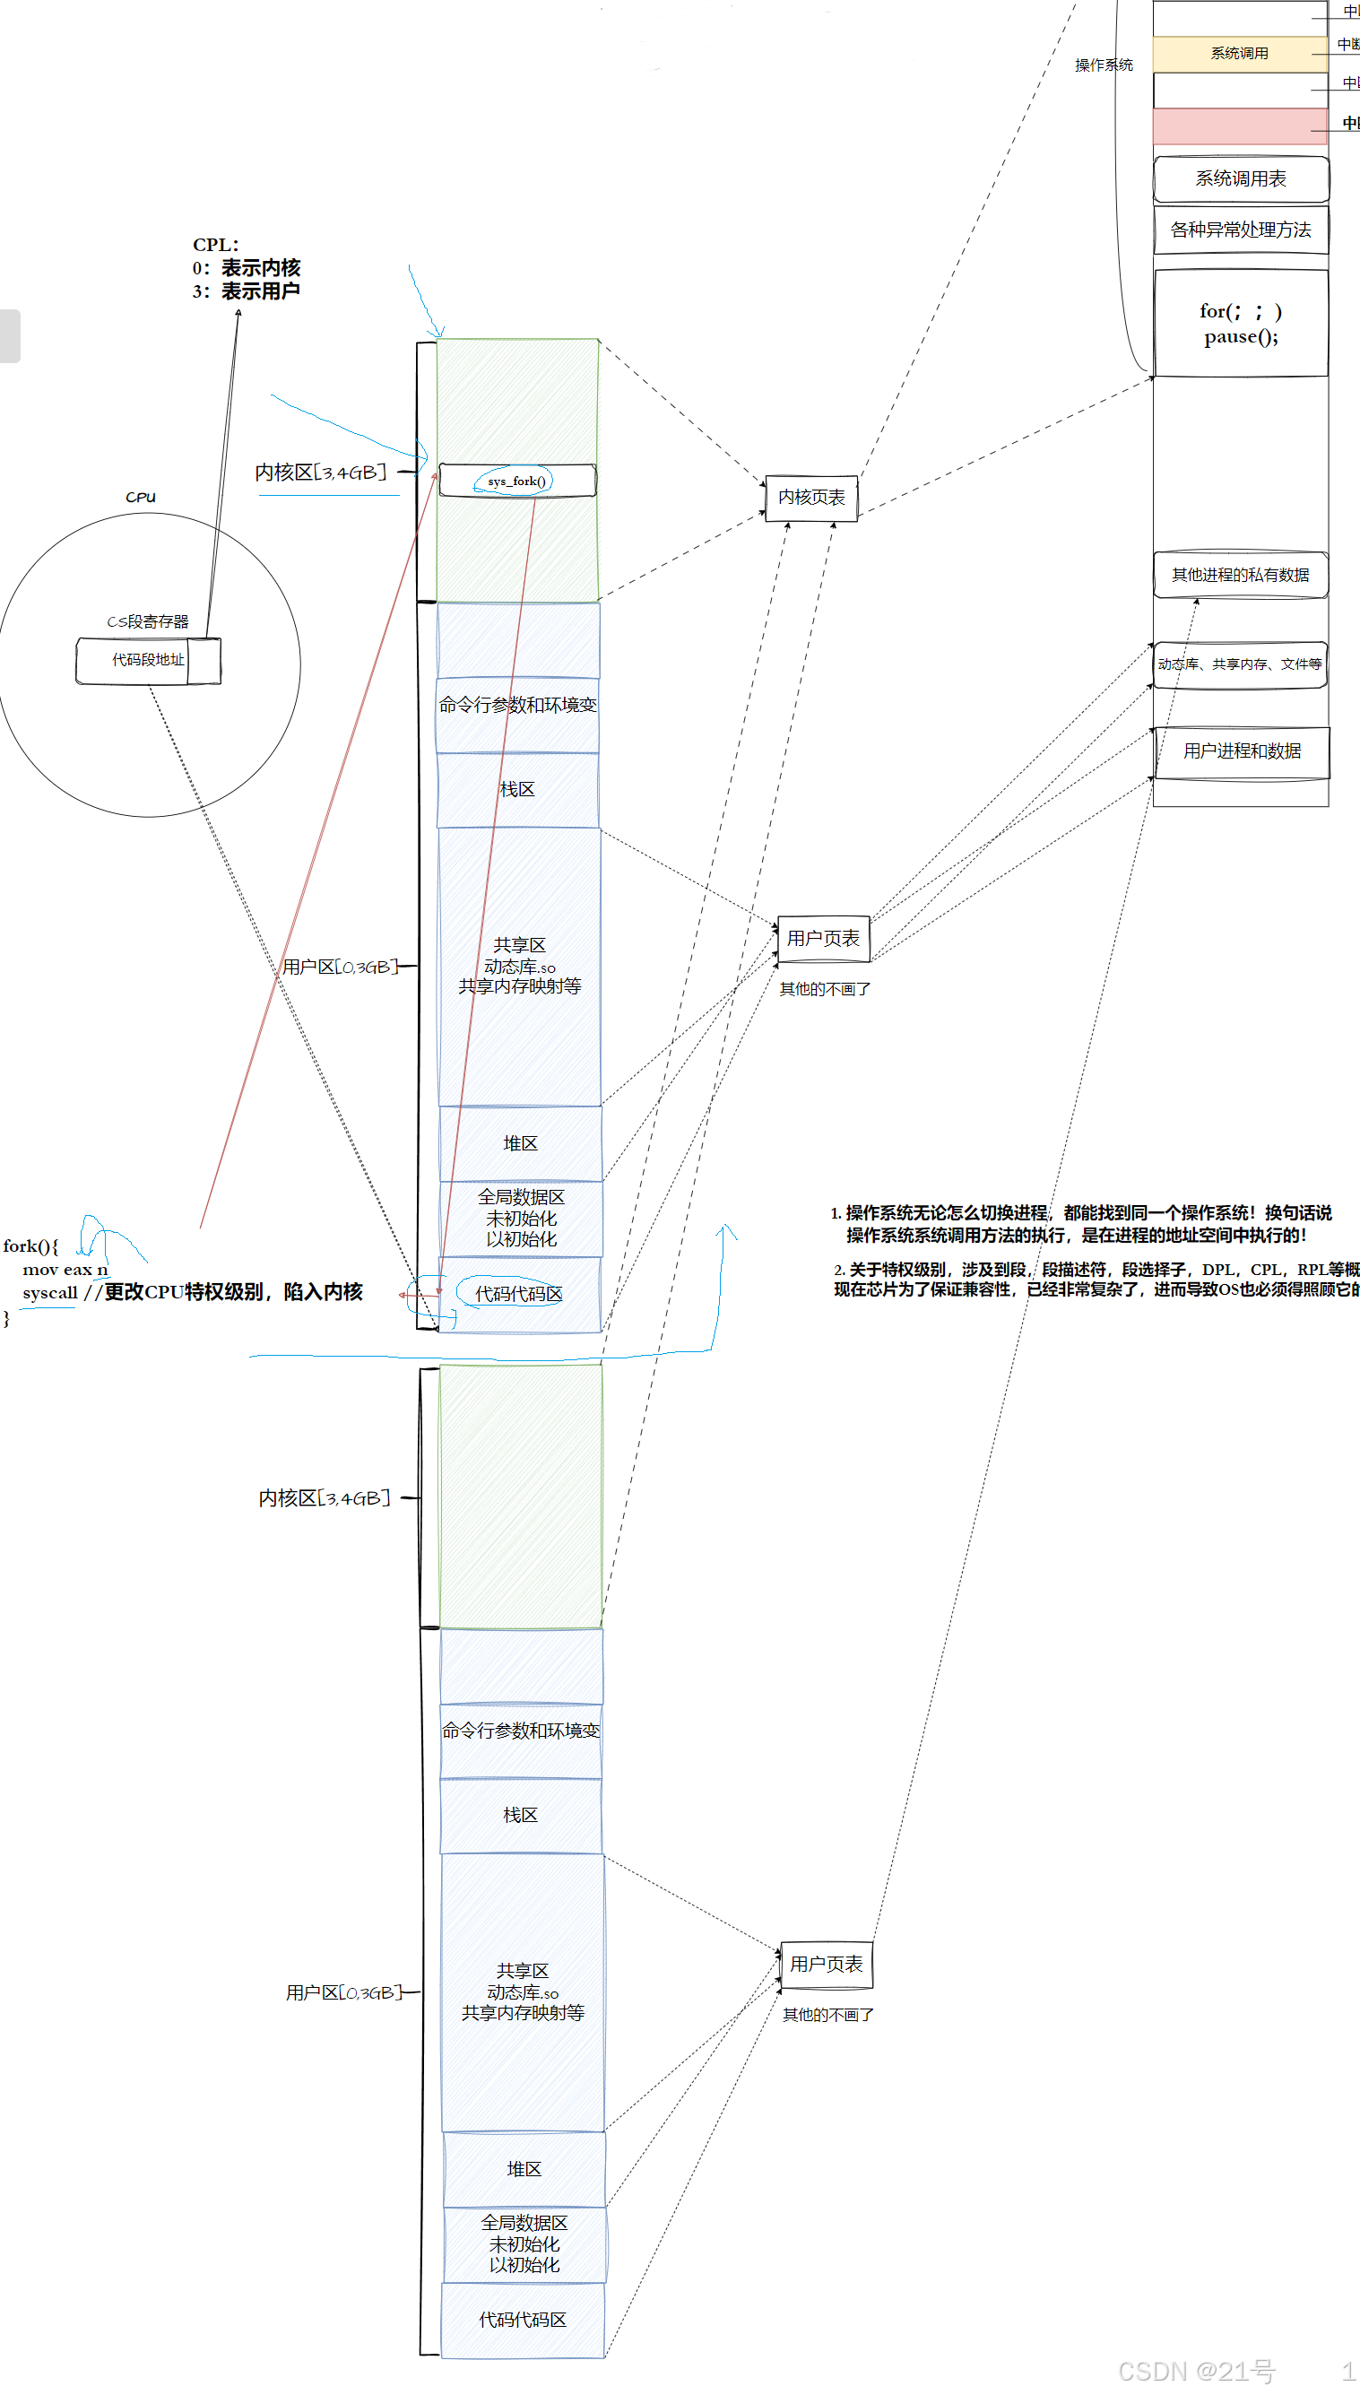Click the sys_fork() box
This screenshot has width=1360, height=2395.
coord(516,481)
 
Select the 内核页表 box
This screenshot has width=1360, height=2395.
coord(810,498)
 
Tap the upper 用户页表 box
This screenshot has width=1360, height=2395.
coord(823,939)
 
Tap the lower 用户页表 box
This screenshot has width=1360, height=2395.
coord(826,1965)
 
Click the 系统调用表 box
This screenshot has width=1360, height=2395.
coord(1241,178)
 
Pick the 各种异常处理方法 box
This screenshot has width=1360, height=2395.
coord(1241,230)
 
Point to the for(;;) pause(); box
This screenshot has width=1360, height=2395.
coord(1241,323)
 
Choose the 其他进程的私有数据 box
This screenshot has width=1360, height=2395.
coord(1241,575)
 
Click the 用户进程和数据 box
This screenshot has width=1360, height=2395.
coord(1242,751)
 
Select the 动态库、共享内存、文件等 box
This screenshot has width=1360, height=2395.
coord(1240,664)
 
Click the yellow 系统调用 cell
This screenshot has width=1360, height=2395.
coord(1240,53)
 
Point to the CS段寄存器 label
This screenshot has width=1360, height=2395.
coord(148,621)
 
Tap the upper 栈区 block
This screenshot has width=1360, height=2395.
coord(517,790)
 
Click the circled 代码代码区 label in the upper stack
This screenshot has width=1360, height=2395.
coord(518,1294)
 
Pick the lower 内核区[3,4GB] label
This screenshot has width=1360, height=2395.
coord(325,1498)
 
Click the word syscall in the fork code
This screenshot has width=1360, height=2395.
coord(49,1293)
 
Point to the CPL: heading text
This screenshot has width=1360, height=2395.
coord(216,245)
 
